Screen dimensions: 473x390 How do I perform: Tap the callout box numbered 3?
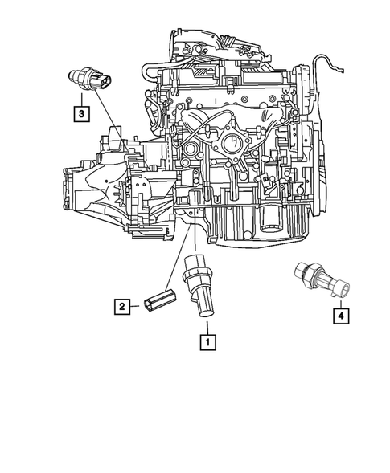click(x=81, y=113)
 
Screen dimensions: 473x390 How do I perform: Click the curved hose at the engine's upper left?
click(x=154, y=75)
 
